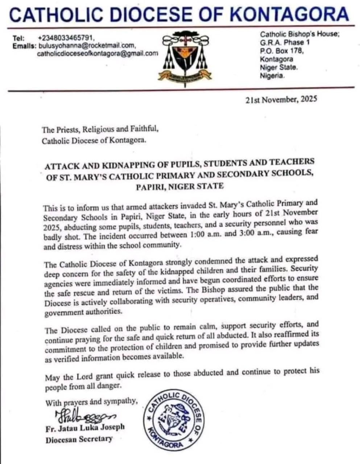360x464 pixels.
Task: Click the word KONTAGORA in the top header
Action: (x=289, y=14)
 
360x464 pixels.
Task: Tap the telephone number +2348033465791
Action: (x=66, y=38)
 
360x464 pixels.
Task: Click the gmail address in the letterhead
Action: (x=98, y=54)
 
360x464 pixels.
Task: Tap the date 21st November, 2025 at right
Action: (x=281, y=100)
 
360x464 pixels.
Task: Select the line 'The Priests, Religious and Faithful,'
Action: (x=100, y=129)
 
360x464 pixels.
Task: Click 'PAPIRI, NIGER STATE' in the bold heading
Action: (x=180, y=187)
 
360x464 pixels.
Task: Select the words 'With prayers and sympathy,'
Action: (x=92, y=402)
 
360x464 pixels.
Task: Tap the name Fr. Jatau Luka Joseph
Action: (x=85, y=428)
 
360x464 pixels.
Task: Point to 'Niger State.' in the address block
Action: (x=278, y=67)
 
